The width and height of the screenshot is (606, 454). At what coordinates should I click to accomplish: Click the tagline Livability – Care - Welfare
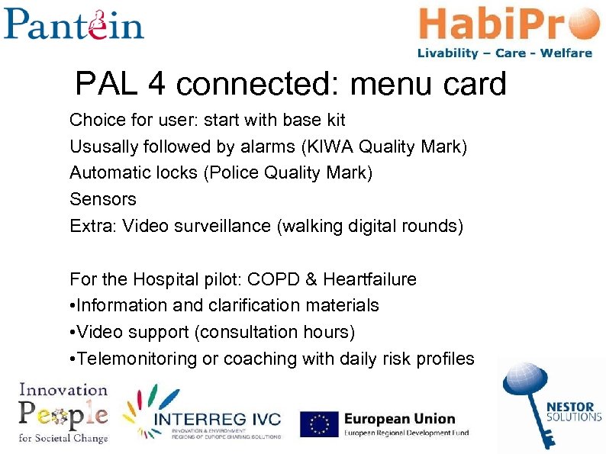point(504,53)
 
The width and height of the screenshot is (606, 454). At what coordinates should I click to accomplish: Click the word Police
point(234,173)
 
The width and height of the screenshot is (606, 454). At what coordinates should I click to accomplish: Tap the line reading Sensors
point(103,200)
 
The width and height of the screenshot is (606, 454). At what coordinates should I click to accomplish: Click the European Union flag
point(319,423)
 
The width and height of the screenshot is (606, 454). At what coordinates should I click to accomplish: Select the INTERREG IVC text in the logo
point(218,420)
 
